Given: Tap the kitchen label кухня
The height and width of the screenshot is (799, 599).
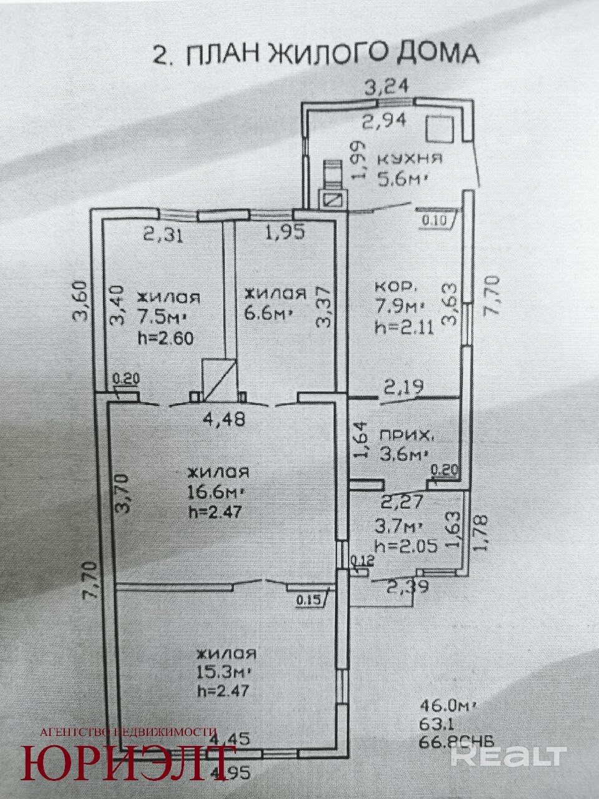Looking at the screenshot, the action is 410,159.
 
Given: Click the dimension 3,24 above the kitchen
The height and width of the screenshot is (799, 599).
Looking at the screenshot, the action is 387,87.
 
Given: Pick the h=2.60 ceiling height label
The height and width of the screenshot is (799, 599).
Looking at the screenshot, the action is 165,338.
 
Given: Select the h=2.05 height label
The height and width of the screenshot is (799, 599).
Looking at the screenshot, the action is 406,546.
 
